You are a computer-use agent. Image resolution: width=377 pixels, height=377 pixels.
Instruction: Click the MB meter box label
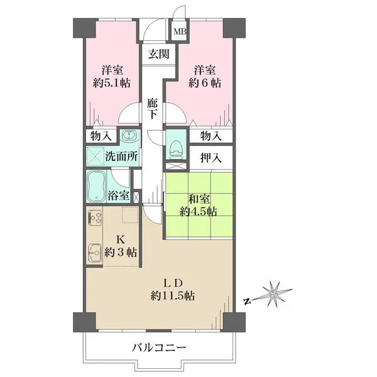click(180, 31)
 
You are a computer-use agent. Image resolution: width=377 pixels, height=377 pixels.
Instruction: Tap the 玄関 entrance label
click(159, 54)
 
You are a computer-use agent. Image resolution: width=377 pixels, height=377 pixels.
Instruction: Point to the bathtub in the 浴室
click(96, 186)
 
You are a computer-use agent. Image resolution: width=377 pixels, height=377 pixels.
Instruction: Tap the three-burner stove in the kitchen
click(94, 217)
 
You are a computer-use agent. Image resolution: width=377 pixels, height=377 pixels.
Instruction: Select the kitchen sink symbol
click(94, 253)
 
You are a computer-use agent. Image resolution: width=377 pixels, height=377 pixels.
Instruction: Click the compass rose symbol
click(273, 294)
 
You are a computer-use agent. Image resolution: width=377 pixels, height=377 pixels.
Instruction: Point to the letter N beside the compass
click(246, 302)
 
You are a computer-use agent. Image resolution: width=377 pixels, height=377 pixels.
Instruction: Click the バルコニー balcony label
click(160, 347)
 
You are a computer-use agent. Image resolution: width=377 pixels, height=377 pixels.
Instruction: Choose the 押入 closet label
click(211, 158)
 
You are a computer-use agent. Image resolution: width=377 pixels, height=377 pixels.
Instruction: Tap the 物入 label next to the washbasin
click(101, 136)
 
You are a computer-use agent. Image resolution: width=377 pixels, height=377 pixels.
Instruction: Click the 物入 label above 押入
click(211, 136)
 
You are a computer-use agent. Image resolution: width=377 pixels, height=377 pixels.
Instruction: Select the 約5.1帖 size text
click(112, 83)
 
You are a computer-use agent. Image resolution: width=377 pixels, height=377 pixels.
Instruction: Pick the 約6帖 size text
click(205, 83)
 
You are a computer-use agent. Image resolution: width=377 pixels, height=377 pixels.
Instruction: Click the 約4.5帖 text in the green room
click(199, 212)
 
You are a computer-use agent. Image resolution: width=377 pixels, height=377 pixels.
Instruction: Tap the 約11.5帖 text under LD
click(173, 296)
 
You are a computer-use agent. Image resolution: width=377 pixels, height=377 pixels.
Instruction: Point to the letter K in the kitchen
click(121, 239)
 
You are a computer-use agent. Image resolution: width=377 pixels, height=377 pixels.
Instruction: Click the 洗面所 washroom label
click(121, 156)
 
